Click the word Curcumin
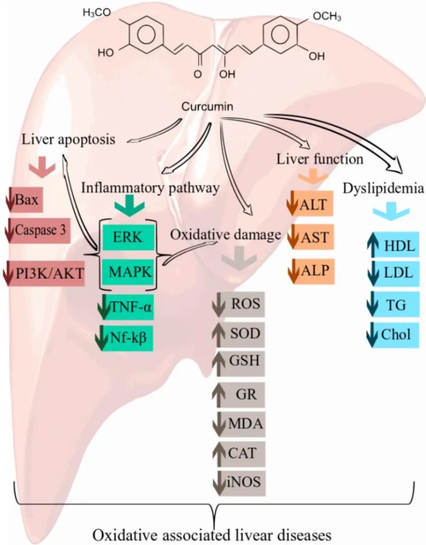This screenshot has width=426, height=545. click(207, 106)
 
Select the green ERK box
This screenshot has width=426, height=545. click(128, 237)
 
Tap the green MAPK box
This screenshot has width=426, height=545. click(128, 272)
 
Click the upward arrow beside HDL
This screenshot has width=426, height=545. click(373, 247)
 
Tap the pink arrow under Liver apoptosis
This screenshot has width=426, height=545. click(42, 167)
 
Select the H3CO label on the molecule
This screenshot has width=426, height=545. click(97, 13)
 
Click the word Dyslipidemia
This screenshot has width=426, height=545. click(383, 189)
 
